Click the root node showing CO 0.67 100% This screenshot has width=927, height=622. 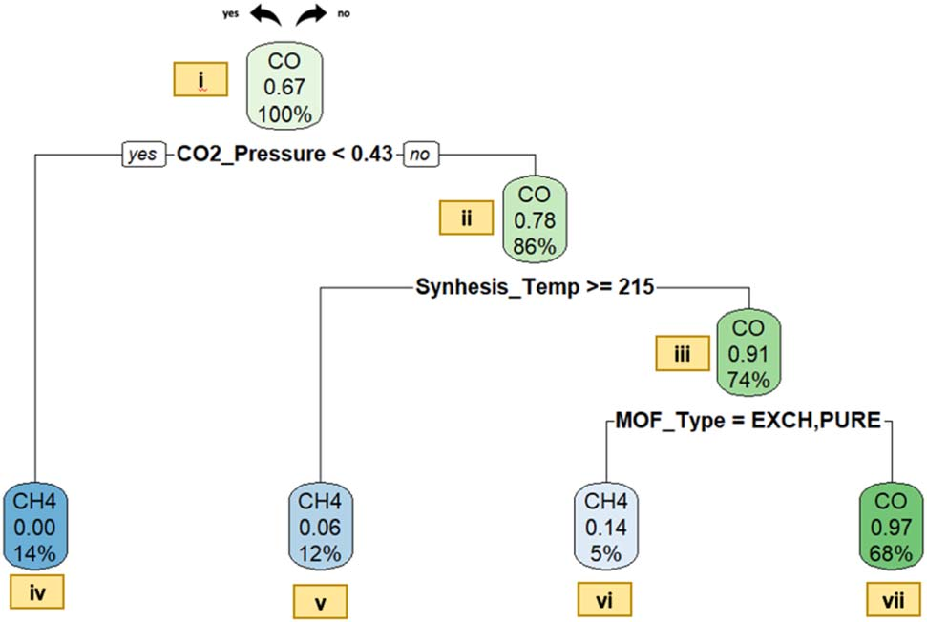coord(284,88)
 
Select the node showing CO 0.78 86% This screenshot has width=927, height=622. coord(535,219)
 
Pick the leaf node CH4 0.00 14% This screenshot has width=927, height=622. coord(35,525)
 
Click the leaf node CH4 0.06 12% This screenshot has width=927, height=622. coord(320,525)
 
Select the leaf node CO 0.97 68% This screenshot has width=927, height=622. coord(891,525)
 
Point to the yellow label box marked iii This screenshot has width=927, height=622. coord(682,353)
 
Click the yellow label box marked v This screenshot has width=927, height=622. coord(320,601)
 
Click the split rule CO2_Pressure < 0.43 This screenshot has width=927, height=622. coord(284,154)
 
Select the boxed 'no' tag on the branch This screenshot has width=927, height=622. coord(419,154)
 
